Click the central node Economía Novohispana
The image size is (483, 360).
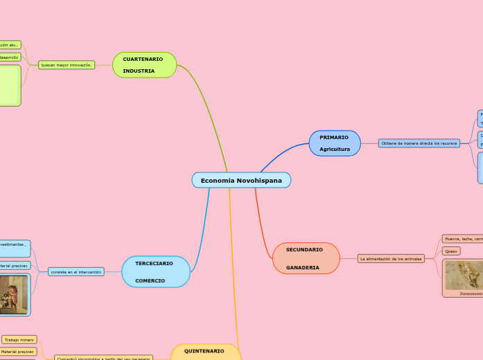click(x=241, y=180)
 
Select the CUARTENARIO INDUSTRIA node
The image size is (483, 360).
click(x=144, y=65)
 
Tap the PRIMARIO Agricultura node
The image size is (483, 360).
click(x=335, y=143)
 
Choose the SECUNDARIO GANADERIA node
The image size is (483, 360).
click(x=306, y=258)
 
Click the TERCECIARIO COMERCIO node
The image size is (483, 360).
click(x=155, y=272)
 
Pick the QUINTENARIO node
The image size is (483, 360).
click(x=205, y=352)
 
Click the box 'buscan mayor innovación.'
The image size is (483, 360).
click(x=67, y=65)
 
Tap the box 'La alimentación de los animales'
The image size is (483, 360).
click(x=391, y=258)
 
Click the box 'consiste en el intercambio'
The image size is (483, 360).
click(x=76, y=272)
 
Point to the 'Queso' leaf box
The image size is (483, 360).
click(x=451, y=251)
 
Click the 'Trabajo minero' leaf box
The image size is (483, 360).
click(x=19, y=340)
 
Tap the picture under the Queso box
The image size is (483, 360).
click(x=463, y=276)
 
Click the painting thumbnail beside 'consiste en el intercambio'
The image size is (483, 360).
click(x=14, y=294)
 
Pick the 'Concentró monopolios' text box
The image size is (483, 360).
click(x=103, y=358)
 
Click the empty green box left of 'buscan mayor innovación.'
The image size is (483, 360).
click(x=10, y=85)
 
